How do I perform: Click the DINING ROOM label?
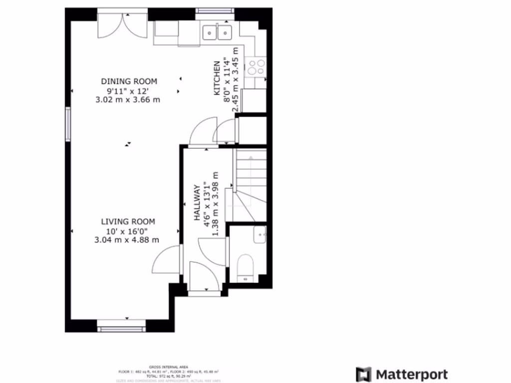(x=129, y=81)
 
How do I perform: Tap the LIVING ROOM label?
(x=128, y=221)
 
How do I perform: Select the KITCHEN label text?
(x=217, y=78)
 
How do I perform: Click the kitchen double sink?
(x=218, y=33)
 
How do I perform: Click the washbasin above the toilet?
(x=259, y=234)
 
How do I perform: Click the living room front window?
(x=121, y=329)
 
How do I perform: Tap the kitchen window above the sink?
(x=215, y=11)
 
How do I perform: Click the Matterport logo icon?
(x=363, y=374)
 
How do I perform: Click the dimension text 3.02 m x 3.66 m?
(x=128, y=99)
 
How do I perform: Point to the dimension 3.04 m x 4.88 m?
(x=127, y=239)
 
